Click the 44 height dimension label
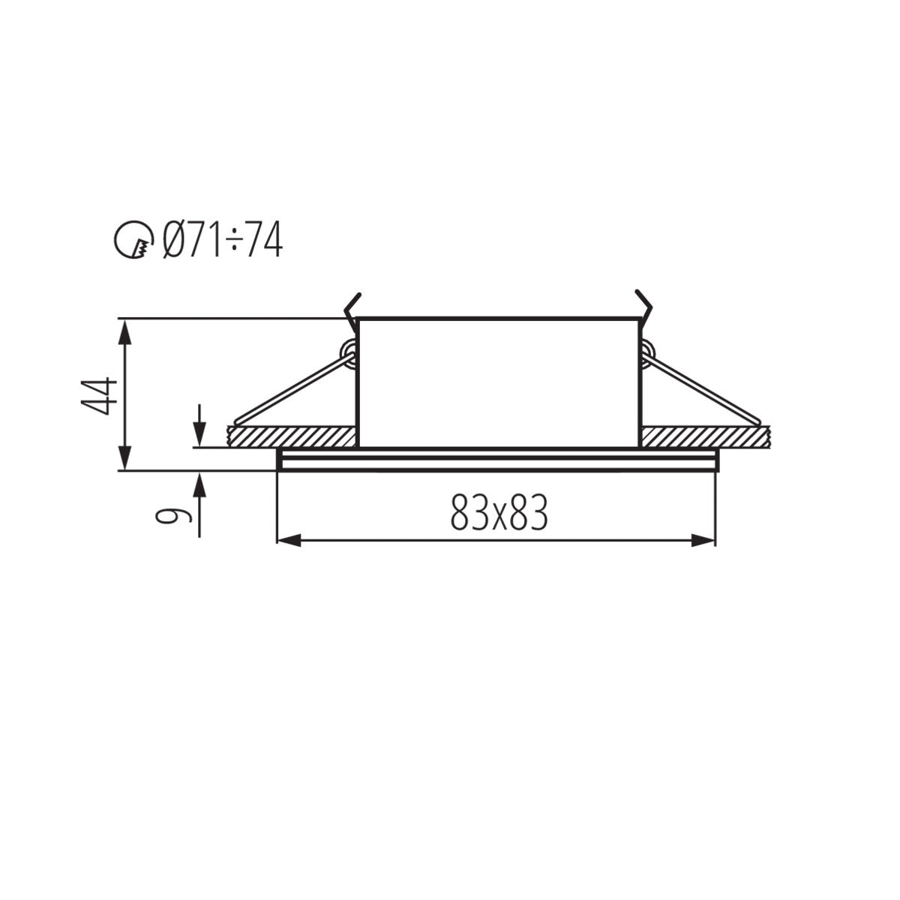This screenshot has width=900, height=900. [100, 395]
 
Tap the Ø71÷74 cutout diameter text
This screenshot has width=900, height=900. [223, 241]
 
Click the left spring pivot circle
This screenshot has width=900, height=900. [348, 350]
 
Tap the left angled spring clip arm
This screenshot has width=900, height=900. [292, 387]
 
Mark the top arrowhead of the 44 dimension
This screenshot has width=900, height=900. [125, 330]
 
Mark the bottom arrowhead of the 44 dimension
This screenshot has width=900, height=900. [125, 459]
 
